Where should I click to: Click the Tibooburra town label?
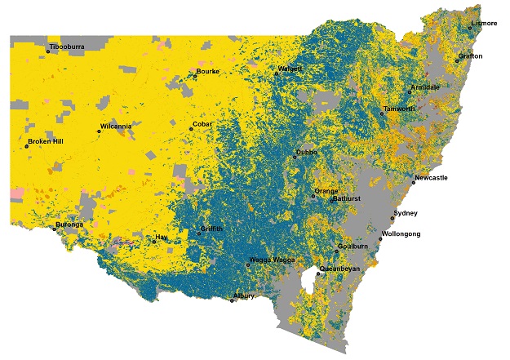click(67, 47)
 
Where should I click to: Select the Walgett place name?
click(290, 69)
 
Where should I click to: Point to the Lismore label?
click(483, 24)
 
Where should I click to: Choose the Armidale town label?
click(424, 87)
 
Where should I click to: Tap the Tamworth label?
click(398, 109)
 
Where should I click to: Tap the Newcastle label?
click(431, 178)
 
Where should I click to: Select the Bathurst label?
click(347, 199)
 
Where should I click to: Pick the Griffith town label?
click(212, 229)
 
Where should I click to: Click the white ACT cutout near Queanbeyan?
click(308, 285)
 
